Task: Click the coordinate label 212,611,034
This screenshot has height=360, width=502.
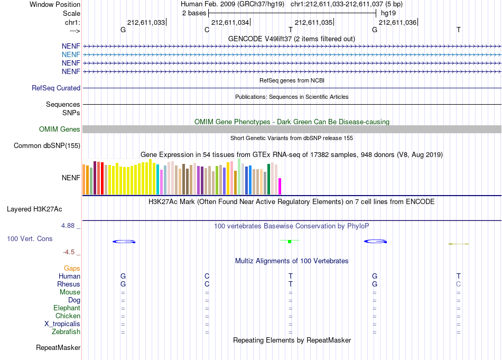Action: pos(230,22)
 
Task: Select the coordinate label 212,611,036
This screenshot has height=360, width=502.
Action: pos(397,22)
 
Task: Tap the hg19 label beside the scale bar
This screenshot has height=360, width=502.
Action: pos(388,13)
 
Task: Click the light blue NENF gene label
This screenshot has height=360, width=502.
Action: pos(71,55)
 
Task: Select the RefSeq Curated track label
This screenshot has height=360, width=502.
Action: pos(56,88)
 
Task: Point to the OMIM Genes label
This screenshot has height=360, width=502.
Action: pos(60,129)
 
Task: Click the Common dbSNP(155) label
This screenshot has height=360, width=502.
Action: pos(47,146)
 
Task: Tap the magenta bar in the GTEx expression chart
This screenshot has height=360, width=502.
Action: pos(280,187)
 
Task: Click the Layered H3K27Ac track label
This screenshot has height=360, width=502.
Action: pos(34,209)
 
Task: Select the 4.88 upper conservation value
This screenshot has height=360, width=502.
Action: pos(68,226)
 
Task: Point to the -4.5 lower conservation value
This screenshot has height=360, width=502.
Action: pos(69,252)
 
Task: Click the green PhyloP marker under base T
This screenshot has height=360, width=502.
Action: pos(290,241)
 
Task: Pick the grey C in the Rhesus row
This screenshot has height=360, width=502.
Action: pos(459,284)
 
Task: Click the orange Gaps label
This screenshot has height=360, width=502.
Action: pos(72,269)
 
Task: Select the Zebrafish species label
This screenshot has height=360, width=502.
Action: pos(66,332)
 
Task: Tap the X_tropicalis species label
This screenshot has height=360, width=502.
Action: pos(62,324)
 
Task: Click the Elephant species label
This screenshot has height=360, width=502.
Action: pos(67,308)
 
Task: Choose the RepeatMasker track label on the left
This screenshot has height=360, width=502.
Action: pos(58,348)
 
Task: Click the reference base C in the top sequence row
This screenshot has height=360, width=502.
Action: pos(207,30)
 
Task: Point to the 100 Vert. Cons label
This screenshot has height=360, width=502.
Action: pos(30,238)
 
